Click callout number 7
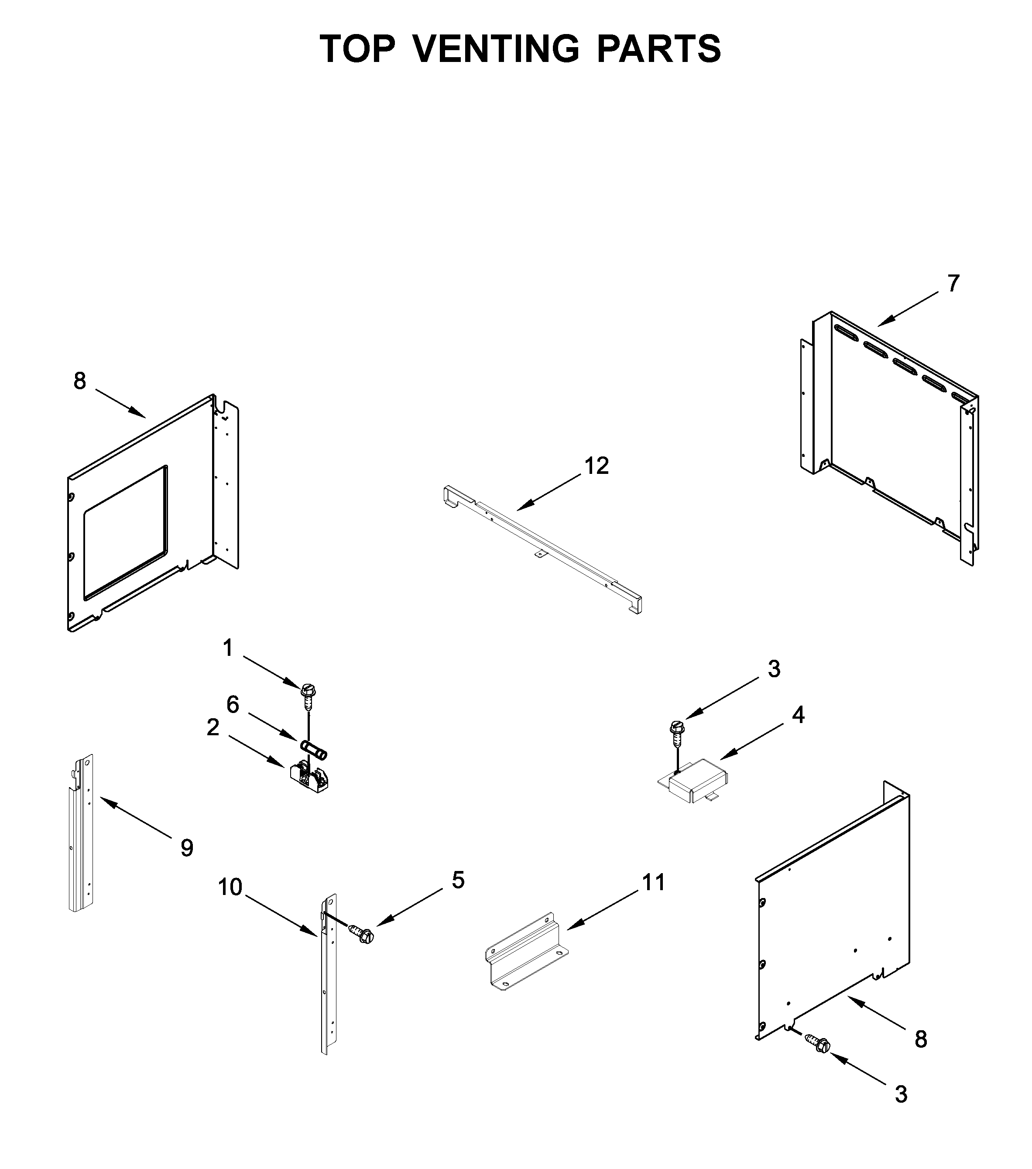tap(953, 284)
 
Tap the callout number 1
tap(228, 648)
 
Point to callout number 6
tap(232, 705)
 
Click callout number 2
tap(213, 728)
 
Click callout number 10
tap(230, 887)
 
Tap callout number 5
tap(458, 881)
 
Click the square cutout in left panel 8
tap(126, 532)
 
